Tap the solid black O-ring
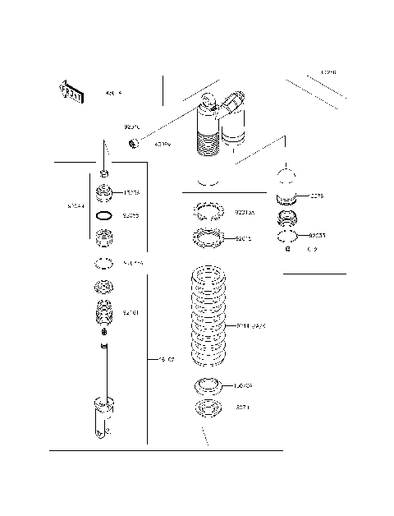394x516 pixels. tap(104, 216)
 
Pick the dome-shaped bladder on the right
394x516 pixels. tap(286, 182)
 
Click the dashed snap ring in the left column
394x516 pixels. tap(104, 263)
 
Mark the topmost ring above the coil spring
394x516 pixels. tap(207, 212)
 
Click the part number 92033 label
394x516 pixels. tap(317, 236)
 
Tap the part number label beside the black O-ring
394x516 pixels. tap(131, 216)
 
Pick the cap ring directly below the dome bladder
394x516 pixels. tap(288, 219)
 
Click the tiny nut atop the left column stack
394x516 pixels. tap(104, 174)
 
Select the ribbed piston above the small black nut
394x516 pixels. tap(104, 311)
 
